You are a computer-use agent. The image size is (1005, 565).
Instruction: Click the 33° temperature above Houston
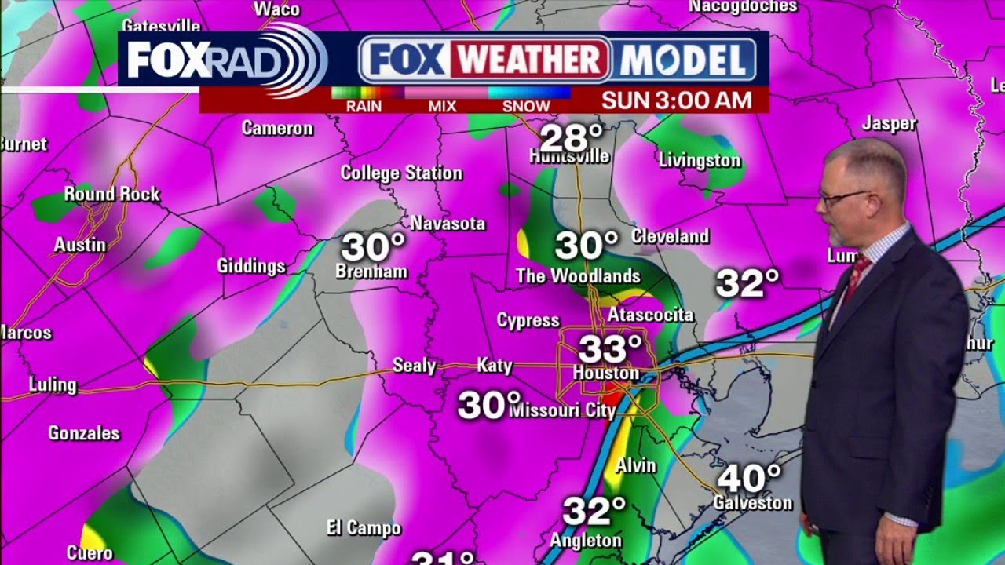click(610, 349)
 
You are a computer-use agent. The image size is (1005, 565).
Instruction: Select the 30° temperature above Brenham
click(373, 247)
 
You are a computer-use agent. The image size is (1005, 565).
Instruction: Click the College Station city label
click(401, 173)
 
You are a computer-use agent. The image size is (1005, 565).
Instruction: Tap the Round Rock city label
click(111, 194)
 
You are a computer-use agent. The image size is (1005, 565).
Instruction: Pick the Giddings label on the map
click(251, 267)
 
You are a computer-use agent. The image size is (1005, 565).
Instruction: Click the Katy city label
click(495, 365)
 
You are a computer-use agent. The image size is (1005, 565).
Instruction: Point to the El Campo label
click(364, 528)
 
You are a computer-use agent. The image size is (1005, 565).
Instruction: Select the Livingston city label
click(699, 161)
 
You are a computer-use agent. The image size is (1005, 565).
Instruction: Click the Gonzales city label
click(84, 433)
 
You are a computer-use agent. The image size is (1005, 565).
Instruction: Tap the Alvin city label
click(635, 465)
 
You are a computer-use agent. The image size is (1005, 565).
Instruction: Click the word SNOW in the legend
click(526, 106)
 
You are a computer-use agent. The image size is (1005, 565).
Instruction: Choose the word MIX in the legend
click(442, 106)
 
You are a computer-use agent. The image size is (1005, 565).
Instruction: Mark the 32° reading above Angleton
click(594, 512)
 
